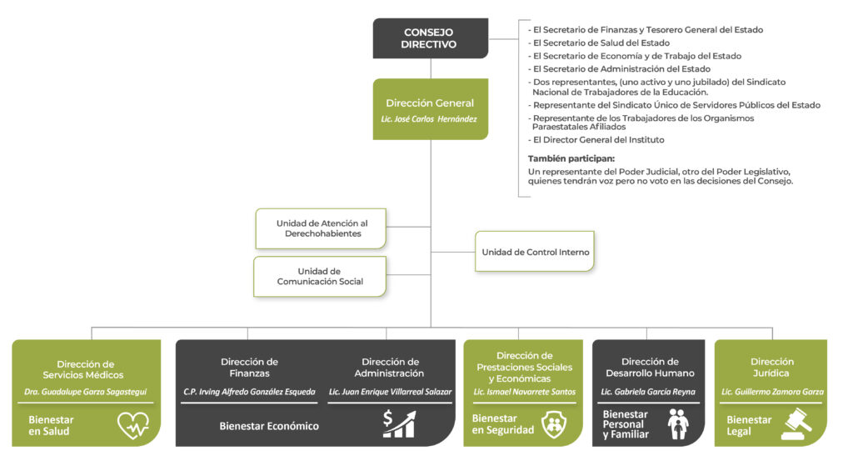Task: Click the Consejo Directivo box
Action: pos(431,38)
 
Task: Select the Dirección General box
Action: pos(431,109)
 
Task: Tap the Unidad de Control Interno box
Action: pos(535,252)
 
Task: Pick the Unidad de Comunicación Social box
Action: pos(320,277)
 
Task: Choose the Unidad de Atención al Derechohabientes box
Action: pos(321,228)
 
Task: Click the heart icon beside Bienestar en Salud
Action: pos(133,425)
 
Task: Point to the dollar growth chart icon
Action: pos(399,424)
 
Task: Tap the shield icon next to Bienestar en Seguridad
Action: pos(554,424)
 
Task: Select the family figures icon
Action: pos(678,424)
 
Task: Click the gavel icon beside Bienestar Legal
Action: pos(796,424)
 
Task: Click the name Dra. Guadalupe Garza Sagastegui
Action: pos(86,392)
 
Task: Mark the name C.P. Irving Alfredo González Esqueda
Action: pos(249,392)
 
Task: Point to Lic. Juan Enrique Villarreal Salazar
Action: pos(390,392)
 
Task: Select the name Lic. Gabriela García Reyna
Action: pos(648,392)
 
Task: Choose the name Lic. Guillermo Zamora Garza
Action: pos(772,392)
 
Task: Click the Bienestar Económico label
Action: pos(269,426)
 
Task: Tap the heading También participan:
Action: pos(571,159)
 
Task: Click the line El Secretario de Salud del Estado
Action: pos(601,43)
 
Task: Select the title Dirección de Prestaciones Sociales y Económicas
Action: pos(525,368)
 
